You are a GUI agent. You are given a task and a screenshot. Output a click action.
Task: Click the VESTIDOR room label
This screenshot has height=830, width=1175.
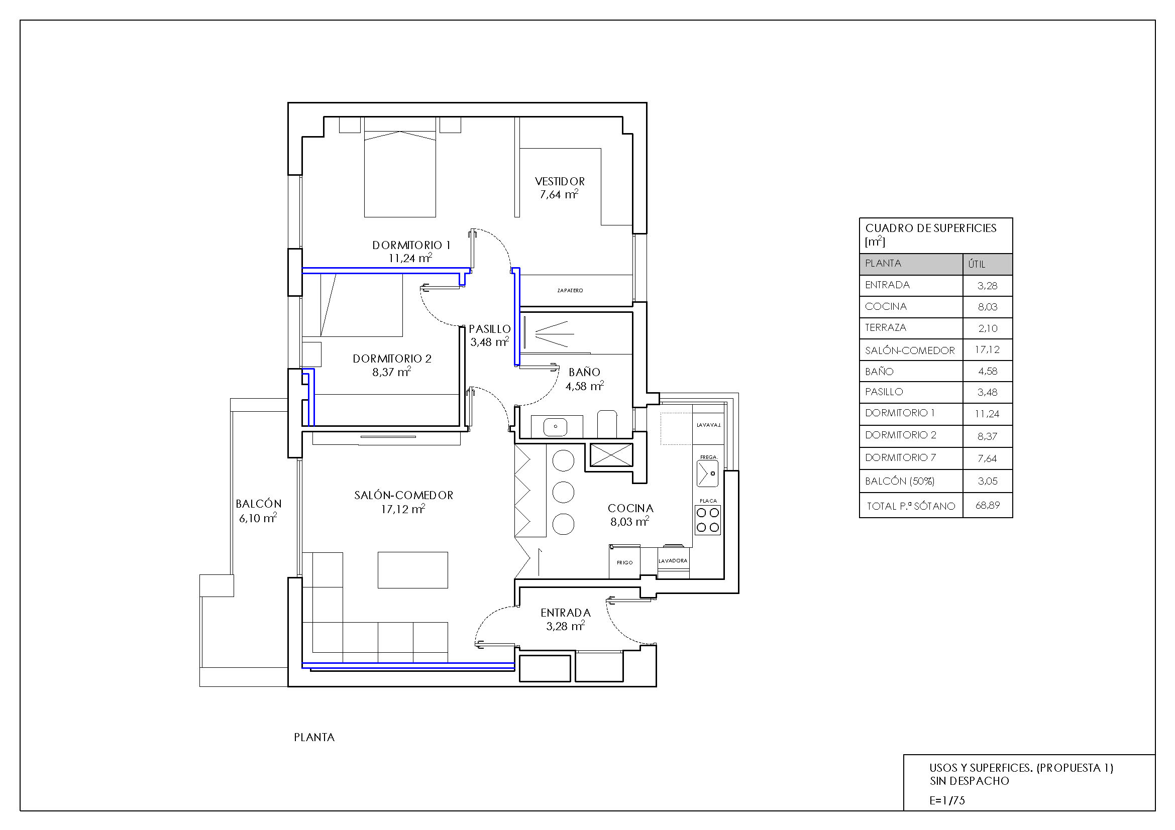pos(559,181)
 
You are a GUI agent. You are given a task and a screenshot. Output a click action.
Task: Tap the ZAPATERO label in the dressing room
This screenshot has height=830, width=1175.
pos(570,290)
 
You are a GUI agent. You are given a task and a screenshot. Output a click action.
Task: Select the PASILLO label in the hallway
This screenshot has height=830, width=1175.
pos(490,329)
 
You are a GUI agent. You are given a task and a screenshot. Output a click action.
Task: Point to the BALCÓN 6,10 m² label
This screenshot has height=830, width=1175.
pos(258,511)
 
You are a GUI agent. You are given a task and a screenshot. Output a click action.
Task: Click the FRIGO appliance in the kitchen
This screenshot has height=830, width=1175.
pos(624,562)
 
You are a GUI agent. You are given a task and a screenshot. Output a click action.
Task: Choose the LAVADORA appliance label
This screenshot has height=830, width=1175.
pos(673,561)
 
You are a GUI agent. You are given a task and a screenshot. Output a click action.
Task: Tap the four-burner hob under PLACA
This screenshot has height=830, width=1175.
pos(708,520)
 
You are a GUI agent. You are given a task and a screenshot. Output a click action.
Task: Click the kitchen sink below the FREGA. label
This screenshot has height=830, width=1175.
pos(708,473)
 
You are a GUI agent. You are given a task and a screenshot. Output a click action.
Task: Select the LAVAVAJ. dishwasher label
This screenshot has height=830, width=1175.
pos(709,425)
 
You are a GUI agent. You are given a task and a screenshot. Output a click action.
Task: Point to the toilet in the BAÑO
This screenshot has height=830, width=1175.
pos(607,423)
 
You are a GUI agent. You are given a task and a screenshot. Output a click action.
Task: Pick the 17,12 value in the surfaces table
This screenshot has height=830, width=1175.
pos(987,350)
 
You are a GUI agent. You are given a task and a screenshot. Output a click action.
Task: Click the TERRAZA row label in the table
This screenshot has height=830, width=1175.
pos(885,327)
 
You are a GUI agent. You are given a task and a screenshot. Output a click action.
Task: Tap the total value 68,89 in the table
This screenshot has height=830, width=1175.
pos(987,505)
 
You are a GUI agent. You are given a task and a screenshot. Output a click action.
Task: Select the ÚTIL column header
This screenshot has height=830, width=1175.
pos(977,264)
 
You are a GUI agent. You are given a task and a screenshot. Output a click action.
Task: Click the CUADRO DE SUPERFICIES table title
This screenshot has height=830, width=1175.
pos(930,228)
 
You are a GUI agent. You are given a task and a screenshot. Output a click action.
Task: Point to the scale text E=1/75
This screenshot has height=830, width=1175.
pos(947,800)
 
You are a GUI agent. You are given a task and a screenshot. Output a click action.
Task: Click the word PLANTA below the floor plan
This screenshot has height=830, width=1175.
pos(314,738)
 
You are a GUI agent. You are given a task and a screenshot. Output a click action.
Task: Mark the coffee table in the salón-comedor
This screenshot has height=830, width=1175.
pos(412,570)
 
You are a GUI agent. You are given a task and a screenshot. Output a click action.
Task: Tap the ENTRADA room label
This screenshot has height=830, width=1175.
pos(566,613)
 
